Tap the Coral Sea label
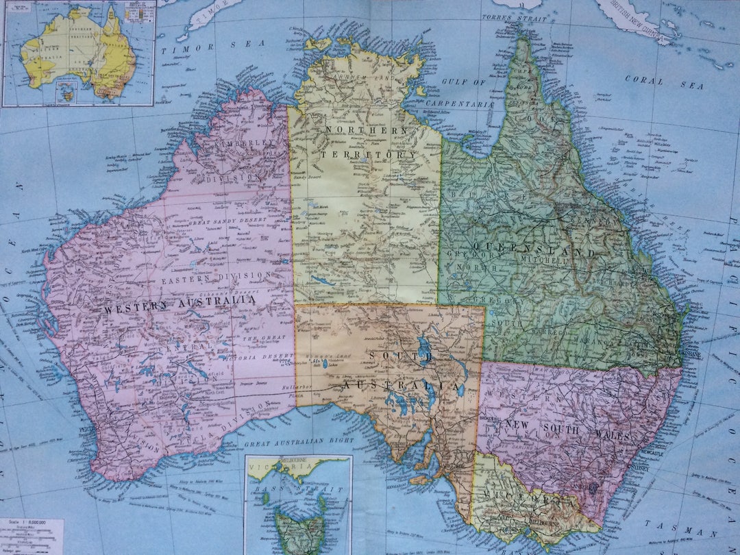664,82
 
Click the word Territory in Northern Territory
367,156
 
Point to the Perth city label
88,429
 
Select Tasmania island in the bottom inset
299,533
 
